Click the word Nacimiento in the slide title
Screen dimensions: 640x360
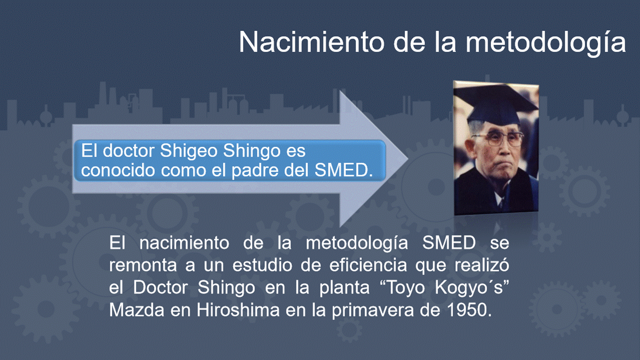311,42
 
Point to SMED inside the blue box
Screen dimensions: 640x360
343,170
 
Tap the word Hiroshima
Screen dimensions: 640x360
238,309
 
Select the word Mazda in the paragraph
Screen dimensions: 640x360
137,309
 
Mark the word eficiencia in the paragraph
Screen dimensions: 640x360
368,265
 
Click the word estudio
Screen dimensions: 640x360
262,265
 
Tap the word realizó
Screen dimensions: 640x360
482,265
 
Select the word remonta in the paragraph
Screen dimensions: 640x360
143,265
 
